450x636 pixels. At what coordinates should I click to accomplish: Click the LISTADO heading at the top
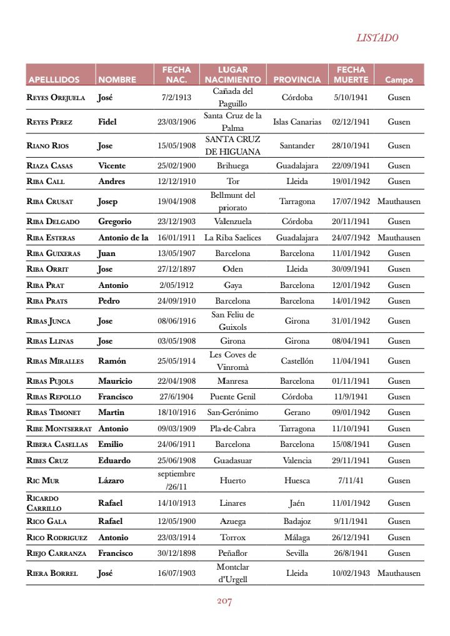pyautogui.click(x=377, y=38)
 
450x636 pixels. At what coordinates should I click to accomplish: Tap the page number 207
pyautogui.click(x=224, y=601)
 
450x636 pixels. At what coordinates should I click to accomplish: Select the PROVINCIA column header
pyautogui.click(x=297, y=79)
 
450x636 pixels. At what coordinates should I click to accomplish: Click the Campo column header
pyautogui.click(x=399, y=79)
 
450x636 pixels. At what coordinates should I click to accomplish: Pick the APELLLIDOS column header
pyautogui.click(x=54, y=79)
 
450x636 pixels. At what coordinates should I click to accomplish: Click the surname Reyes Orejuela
pyautogui.click(x=56, y=98)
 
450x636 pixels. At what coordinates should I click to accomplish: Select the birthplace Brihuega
pyautogui.click(x=232, y=166)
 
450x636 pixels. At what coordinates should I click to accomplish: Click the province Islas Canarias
pyautogui.click(x=297, y=122)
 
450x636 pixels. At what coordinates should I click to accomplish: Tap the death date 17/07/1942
pyautogui.click(x=351, y=202)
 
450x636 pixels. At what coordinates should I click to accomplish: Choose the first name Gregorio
pyautogui.click(x=114, y=222)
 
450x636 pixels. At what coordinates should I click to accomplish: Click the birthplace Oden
pyautogui.click(x=232, y=269)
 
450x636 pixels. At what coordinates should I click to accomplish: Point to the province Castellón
pyautogui.click(x=297, y=361)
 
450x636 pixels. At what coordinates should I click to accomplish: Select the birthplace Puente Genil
pyautogui.click(x=232, y=397)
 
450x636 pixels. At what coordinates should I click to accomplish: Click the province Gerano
pyautogui.click(x=297, y=413)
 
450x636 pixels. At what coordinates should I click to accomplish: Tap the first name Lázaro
pyautogui.click(x=112, y=481)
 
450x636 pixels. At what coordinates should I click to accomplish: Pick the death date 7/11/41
pyautogui.click(x=351, y=481)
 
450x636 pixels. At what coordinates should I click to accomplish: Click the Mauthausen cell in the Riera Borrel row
pyautogui.click(x=399, y=573)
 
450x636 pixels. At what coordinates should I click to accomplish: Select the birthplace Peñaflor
pyautogui.click(x=232, y=553)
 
